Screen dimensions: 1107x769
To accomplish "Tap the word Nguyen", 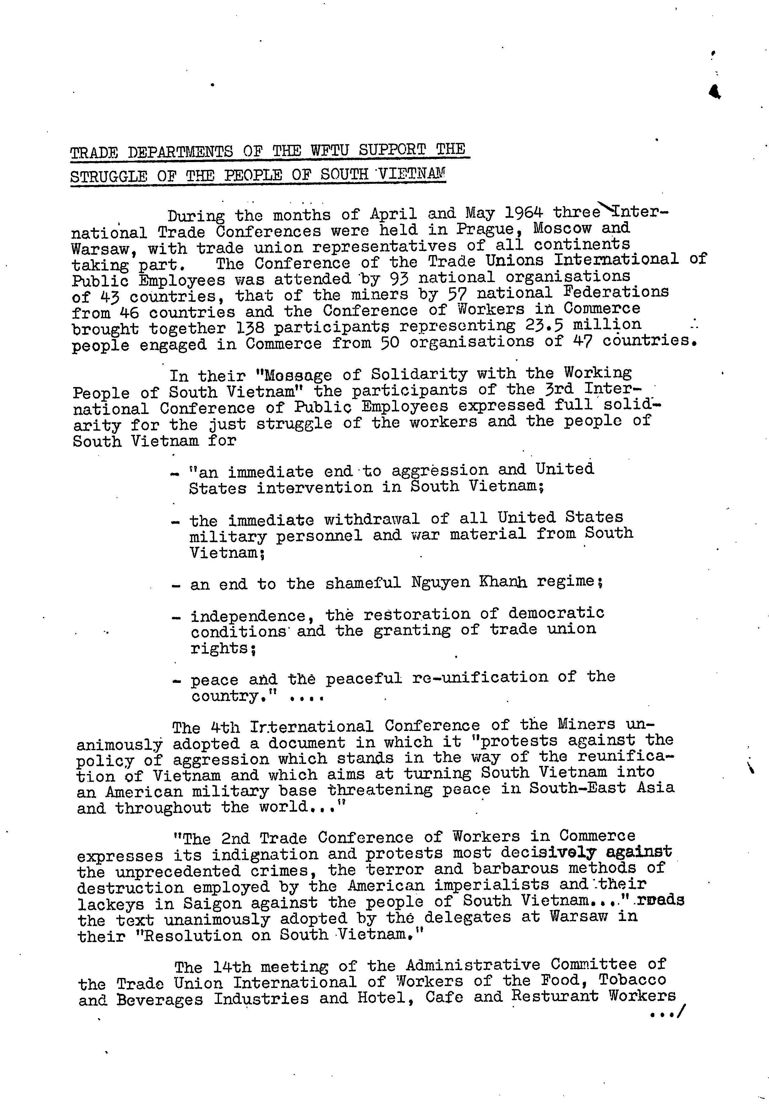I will pyautogui.click(x=440, y=582).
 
